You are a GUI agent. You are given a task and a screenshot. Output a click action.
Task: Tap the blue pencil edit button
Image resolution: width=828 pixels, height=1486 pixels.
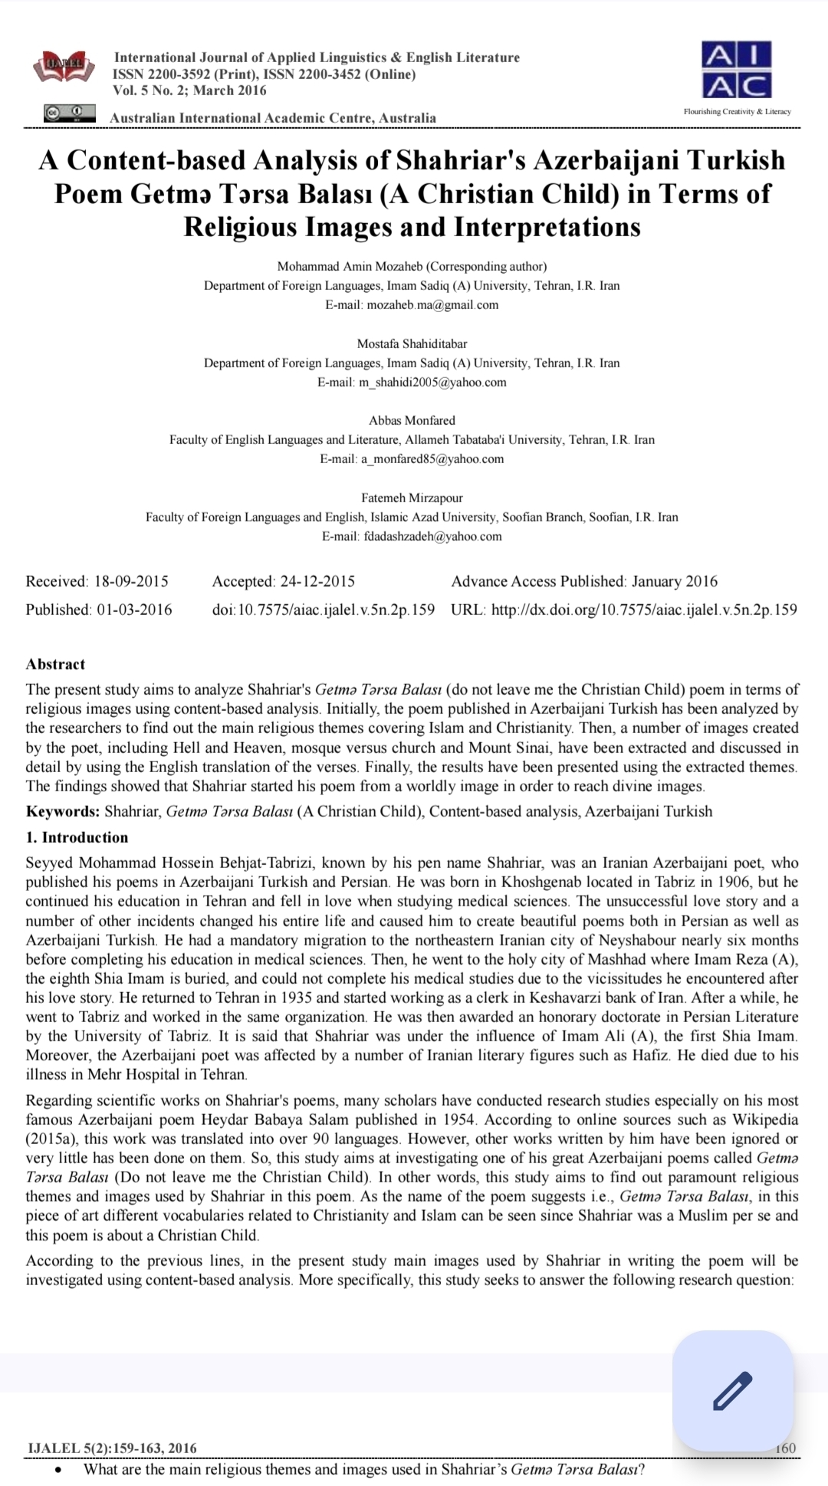pos(732,1391)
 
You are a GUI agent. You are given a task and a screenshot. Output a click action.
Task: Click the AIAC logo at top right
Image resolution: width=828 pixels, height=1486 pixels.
pos(736,71)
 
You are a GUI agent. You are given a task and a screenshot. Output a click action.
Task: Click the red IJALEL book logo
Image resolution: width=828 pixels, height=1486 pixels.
pos(64,67)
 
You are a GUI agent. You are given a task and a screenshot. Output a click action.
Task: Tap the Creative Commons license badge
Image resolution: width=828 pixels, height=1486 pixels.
pos(69,113)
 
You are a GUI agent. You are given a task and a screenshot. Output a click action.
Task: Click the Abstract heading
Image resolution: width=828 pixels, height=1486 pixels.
pos(55,664)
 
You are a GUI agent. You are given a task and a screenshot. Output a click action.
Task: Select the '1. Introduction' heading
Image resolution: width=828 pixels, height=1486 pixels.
pos(77,837)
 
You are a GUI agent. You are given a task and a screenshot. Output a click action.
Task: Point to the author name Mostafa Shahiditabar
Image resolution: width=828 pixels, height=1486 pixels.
pos(412,344)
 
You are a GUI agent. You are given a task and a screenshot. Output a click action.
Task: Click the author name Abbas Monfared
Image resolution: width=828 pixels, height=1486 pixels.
pos(412,420)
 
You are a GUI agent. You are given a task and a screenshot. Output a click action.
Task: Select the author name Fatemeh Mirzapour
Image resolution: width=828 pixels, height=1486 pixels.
pos(412,498)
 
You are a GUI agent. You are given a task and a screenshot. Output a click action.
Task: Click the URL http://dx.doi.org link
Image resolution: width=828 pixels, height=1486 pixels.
pos(643,610)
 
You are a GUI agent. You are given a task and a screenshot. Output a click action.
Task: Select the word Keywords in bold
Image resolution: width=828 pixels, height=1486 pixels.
pos(62,811)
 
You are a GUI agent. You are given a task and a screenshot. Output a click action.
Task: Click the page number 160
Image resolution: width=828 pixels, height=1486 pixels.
pos(785,1448)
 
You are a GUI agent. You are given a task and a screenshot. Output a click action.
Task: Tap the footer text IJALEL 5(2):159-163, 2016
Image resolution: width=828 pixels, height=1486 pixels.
pos(112,1448)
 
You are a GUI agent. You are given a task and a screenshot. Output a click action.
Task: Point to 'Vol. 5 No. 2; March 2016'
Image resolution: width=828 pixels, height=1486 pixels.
pos(189,90)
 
